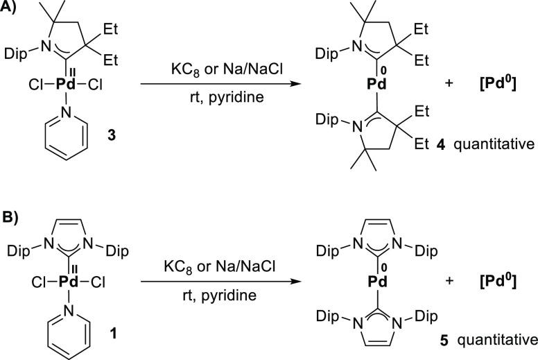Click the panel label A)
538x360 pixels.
12,9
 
